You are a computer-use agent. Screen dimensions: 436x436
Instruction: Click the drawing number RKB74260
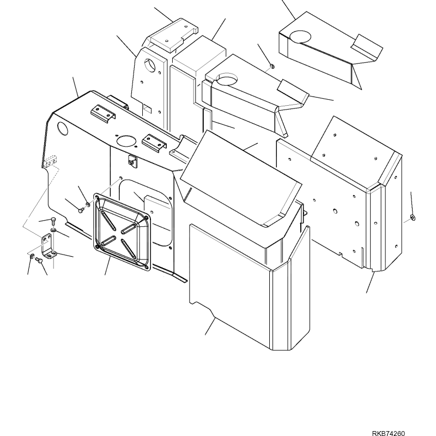pos(388,433)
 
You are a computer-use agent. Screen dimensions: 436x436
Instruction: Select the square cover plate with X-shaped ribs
pos(123,232)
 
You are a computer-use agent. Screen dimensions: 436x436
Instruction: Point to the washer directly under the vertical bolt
pos(53,230)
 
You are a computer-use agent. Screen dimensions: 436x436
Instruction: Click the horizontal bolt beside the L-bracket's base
pos(39,261)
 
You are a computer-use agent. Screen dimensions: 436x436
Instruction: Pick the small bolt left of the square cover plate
pos(81,210)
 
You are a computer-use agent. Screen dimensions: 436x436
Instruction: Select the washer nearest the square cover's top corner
pos(88,205)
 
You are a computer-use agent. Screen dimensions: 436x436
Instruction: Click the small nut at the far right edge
pos(413,217)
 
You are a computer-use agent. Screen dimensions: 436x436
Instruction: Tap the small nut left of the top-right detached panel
pos(272,66)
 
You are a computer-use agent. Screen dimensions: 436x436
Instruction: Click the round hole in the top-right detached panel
pos(300,37)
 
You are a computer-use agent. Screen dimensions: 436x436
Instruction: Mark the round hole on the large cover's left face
pos(62,129)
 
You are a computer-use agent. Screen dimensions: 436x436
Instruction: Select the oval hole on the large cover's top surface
pos(126,141)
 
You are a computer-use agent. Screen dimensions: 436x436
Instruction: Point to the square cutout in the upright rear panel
pos(147,108)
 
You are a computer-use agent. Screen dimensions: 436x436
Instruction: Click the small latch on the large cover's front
pos(132,161)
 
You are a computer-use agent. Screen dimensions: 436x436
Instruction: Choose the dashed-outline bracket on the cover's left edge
pos(50,161)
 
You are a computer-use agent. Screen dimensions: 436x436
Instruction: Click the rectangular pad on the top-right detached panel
pos(366,47)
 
